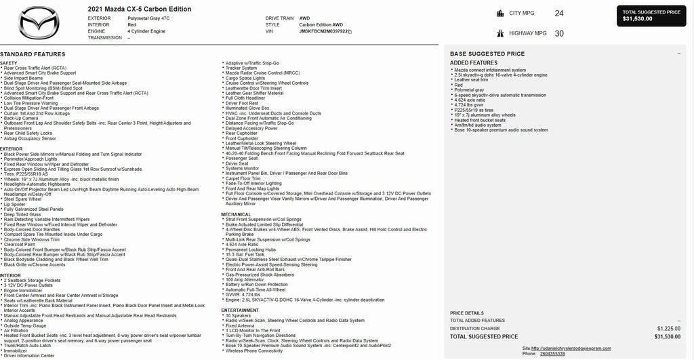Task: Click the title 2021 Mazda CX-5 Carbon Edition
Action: tap(140, 9)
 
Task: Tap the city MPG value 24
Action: tap(559, 13)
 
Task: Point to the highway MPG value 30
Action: tap(559, 33)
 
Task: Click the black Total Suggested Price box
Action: tap(651, 16)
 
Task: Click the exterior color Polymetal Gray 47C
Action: tap(148, 18)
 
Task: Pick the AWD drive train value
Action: tap(306, 18)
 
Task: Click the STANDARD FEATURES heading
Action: tap(33, 54)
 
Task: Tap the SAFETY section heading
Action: tap(9, 63)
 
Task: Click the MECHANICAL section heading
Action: tap(236, 214)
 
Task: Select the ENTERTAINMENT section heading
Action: tap(240, 310)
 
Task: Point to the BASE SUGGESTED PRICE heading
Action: tap(487, 54)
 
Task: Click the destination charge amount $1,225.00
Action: tap(668, 328)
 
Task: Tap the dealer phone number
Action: tap(552, 353)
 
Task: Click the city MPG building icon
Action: tap(500, 13)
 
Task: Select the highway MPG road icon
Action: tap(500, 33)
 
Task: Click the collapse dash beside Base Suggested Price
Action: tap(678, 54)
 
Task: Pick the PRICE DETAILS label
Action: tap(467, 313)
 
